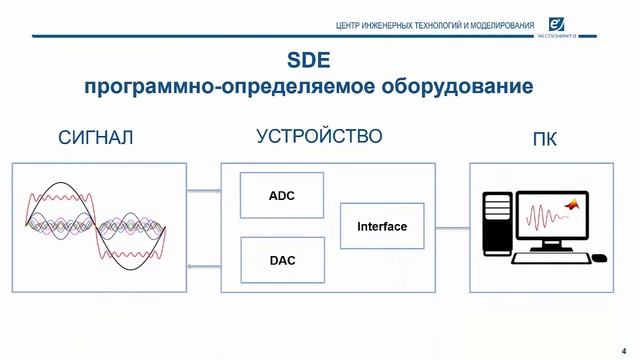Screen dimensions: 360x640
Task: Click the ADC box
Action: coord(282,195)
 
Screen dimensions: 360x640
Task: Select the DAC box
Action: coord(282,261)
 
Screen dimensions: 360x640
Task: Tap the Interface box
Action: coord(382,227)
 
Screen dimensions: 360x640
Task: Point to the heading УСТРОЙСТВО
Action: coord(319,136)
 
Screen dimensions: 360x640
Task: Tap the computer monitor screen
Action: coord(556,213)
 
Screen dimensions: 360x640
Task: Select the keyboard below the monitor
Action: coord(549,258)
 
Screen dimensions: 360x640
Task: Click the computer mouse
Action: coord(598,257)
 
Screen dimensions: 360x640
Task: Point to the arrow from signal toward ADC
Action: coord(204,191)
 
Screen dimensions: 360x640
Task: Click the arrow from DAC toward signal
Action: coord(204,265)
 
